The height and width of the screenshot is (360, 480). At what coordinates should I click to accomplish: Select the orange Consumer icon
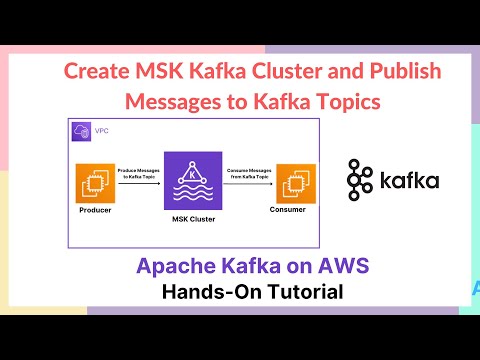295,184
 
